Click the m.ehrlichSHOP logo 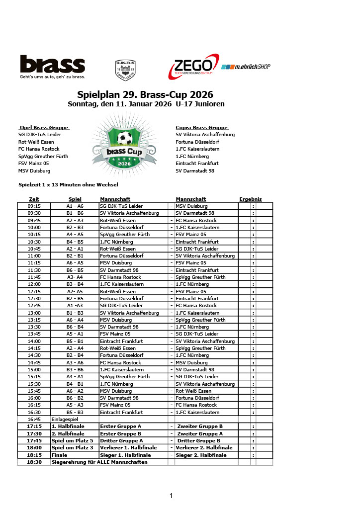[x=246, y=67]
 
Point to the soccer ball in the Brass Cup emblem [x=124, y=138]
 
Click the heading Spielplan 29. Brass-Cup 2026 [x=145, y=94]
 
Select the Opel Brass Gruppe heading [x=44, y=128]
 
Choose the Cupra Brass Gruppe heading [x=202, y=128]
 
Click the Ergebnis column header [x=250, y=199]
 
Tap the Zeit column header [x=34, y=199]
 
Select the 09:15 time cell [x=34, y=206]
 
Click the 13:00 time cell [x=34, y=313]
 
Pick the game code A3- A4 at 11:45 [x=75, y=277]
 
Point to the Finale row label [x=59, y=455]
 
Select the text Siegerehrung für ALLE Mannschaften [x=99, y=462]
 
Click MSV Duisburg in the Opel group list [x=34, y=170]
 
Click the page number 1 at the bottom [x=171, y=495]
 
